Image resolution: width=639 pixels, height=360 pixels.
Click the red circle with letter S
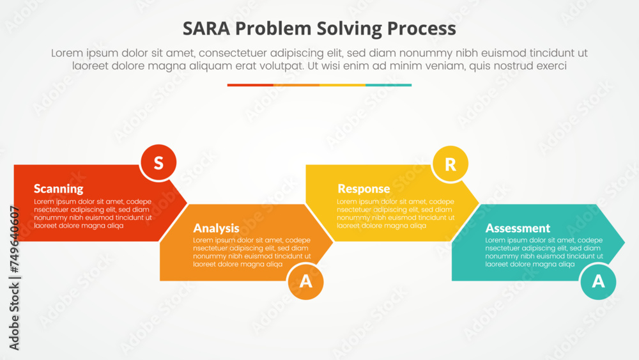(x=158, y=163)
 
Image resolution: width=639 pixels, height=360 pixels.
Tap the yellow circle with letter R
(x=450, y=164)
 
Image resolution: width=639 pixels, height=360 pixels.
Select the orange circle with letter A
(x=306, y=281)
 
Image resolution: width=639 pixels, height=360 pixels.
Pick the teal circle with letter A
(x=598, y=281)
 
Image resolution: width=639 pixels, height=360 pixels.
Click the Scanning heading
(x=58, y=189)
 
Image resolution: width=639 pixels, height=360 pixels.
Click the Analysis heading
(x=216, y=228)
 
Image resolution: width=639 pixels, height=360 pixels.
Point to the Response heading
(x=363, y=189)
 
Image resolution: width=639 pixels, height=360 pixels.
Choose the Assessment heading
(x=518, y=228)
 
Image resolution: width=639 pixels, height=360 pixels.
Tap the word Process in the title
(x=423, y=29)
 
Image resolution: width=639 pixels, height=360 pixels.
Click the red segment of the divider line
(x=250, y=85)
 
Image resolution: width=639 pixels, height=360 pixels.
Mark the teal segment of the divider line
(x=389, y=85)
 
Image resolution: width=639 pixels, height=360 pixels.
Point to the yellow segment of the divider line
(x=343, y=85)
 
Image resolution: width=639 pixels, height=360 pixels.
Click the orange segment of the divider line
(x=296, y=85)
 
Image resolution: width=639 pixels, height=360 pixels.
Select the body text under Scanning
(x=93, y=214)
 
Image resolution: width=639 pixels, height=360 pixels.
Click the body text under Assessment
(x=543, y=252)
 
